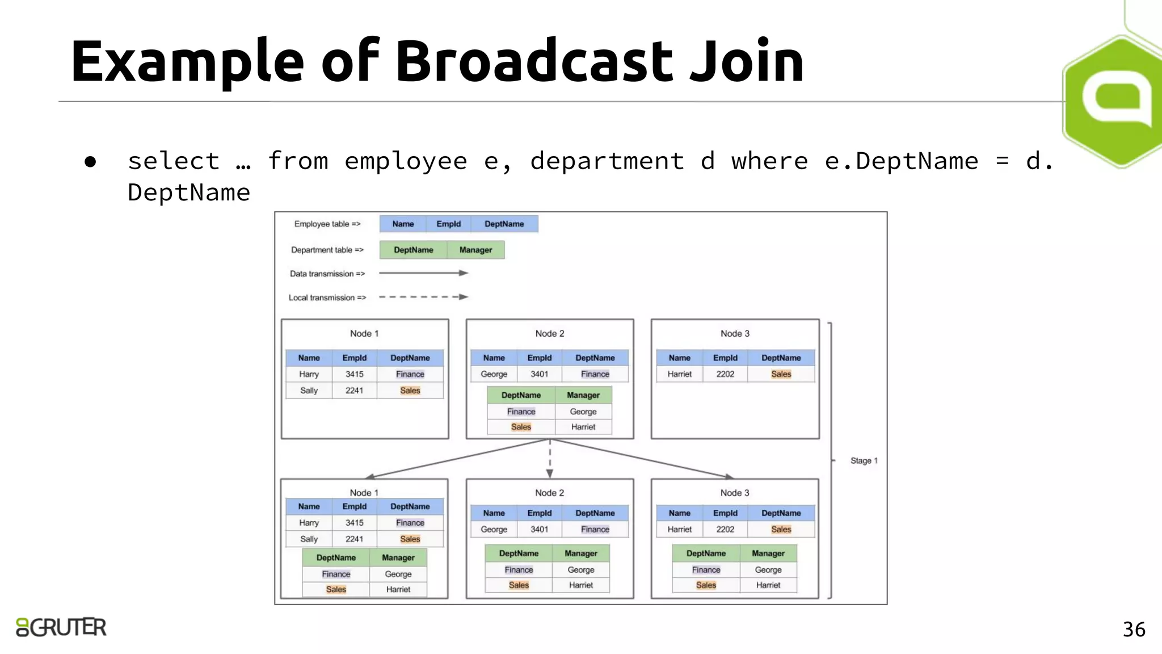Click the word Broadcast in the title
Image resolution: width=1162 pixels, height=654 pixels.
coord(533,61)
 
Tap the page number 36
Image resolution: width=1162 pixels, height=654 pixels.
coord(1134,630)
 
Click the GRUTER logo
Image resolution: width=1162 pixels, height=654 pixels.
coord(61,627)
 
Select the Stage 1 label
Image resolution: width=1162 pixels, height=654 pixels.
coord(864,460)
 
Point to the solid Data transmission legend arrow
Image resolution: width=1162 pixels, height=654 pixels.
coord(423,273)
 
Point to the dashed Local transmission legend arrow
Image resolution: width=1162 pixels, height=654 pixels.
coord(423,297)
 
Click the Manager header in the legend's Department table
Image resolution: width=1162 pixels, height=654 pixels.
coord(475,250)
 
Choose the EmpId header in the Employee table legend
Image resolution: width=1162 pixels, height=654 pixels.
coord(448,224)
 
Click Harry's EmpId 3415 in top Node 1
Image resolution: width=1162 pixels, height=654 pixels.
coord(355,374)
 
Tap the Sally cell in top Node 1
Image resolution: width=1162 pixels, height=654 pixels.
coord(309,391)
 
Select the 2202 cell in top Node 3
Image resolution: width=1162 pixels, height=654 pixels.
coord(725,374)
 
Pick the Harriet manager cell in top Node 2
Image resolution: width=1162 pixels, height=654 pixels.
coord(583,427)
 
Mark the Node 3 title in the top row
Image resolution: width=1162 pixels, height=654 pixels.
coord(735,334)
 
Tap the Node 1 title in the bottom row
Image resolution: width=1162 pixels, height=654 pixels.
coord(364,493)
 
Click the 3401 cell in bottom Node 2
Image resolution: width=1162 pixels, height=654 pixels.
coord(539,529)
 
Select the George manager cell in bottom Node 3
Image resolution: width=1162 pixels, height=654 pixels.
coord(768,569)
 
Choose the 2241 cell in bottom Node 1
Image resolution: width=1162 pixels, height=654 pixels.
coord(355,539)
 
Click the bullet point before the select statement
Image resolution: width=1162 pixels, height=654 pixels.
coord(90,162)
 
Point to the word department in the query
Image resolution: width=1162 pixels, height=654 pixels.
coord(607,161)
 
